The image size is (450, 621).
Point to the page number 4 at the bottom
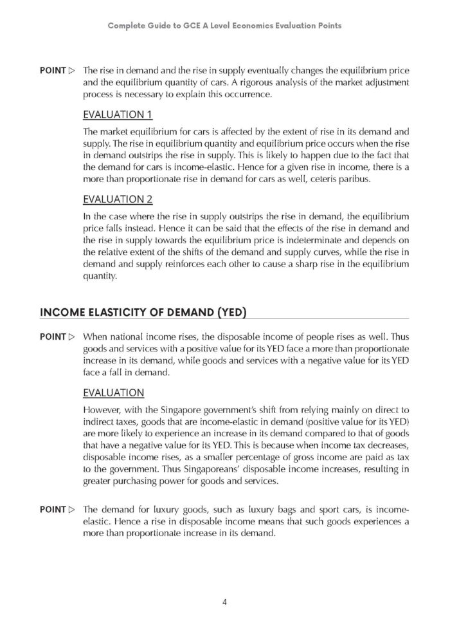coord(224,602)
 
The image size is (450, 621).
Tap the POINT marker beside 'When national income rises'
coord(57,337)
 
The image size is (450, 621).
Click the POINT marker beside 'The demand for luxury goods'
coord(57,509)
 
